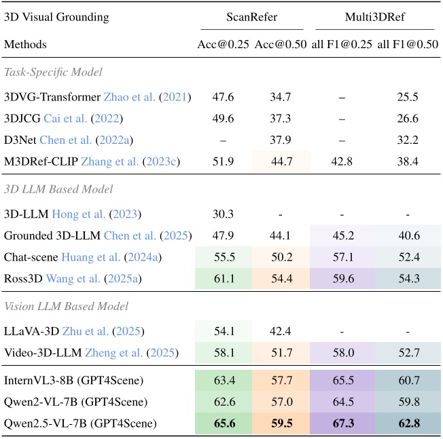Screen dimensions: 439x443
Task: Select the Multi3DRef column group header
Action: (375, 16)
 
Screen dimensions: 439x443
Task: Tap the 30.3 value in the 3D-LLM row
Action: (224, 214)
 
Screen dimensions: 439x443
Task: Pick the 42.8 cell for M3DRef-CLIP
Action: (342, 161)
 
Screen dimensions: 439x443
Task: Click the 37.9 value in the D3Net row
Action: (281, 140)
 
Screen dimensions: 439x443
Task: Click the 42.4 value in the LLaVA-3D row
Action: (281, 331)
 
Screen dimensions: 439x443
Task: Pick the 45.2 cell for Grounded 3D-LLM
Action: (342, 235)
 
